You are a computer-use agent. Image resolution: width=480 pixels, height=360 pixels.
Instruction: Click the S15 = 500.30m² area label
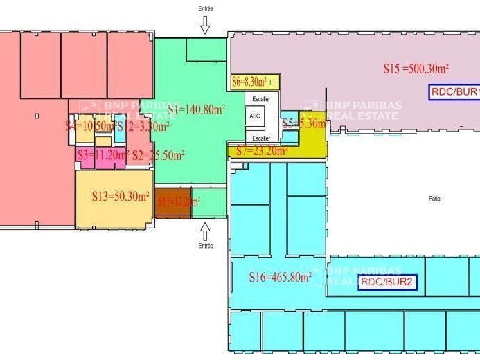click(416, 69)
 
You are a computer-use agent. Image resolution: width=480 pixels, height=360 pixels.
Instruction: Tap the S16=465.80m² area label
click(280, 278)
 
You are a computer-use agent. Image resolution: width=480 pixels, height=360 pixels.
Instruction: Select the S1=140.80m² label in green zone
click(196, 109)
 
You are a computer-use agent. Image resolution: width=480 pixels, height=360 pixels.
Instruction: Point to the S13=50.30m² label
click(121, 197)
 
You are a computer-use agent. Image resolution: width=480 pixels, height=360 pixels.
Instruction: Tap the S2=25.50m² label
click(158, 155)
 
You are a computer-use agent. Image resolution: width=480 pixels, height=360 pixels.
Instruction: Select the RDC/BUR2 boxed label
click(388, 282)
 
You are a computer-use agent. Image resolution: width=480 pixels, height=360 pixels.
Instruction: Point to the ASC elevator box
click(255, 116)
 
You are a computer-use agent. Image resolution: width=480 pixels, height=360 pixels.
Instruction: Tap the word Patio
click(434, 199)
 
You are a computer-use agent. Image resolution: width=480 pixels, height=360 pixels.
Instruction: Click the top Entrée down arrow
click(205, 26)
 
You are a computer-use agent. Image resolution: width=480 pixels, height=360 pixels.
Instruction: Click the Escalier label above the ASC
click(261, 99)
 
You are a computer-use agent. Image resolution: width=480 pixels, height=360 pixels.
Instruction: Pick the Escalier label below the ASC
click(261, 138)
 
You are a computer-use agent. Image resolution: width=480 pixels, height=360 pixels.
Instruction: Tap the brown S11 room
click(172, 202)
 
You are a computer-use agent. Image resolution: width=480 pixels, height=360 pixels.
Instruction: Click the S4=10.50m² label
click(89, 126)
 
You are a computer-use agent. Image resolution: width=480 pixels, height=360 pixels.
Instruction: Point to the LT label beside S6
click(273, 83)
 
